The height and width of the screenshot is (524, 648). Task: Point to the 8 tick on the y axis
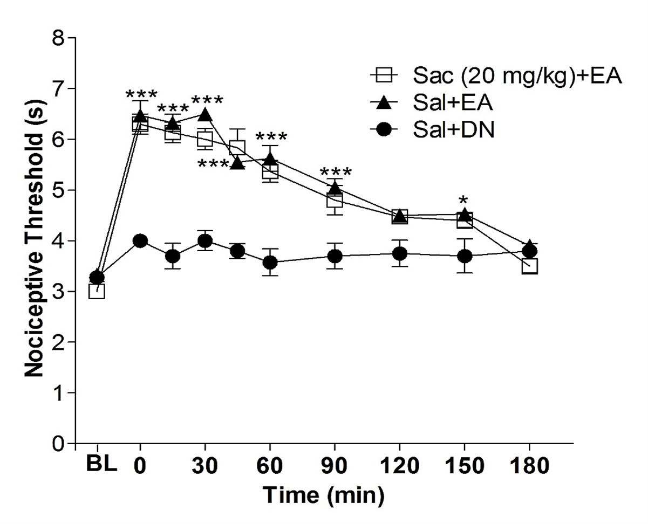pos(60,39)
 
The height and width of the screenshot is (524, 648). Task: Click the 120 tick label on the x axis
pos(399,466)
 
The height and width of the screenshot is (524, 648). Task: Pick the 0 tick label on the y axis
pos(60,444)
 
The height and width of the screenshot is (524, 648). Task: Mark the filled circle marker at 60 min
pos(270,263)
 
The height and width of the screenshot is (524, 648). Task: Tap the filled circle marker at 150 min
pos(465,256)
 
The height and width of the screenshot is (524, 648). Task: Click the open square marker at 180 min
pos(529,266)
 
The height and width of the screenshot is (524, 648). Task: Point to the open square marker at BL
pos(97,291)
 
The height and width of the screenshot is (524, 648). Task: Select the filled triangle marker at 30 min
pos(205,114)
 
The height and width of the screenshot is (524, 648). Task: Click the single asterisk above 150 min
pos(464,201)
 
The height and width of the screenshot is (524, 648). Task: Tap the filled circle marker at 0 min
pos(140,241)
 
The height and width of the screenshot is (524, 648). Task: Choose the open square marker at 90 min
pos(335,199)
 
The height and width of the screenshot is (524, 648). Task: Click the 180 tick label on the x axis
pos(529,466)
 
